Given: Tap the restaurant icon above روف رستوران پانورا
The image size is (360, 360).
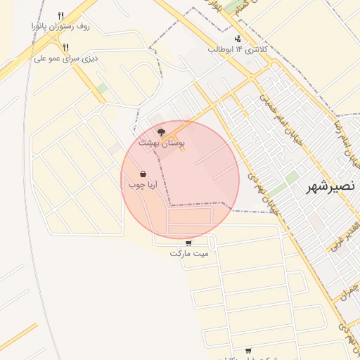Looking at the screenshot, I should (61, 15).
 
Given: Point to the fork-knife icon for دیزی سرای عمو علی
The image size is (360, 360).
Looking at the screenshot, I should (65, 47).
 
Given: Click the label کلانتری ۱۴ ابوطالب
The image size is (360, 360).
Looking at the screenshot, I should (236, 49).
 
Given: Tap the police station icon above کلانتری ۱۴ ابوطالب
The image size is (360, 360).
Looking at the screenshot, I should (238, 39).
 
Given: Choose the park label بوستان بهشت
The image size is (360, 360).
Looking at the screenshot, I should (162, 142).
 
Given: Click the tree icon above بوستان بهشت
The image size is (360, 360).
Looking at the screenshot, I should (162, 131).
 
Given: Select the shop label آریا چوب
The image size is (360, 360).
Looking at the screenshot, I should (142, 185).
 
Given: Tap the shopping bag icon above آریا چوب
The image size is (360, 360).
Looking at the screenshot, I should (143, 174).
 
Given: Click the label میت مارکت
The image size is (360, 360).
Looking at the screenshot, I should (188, 252).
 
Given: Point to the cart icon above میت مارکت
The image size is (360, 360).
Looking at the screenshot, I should (187, 242).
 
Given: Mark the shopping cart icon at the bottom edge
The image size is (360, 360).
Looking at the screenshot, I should (248, 350).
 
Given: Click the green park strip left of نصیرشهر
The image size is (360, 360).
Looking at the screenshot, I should (285, 184).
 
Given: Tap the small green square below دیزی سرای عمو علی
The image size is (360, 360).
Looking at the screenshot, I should (103, 88).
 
